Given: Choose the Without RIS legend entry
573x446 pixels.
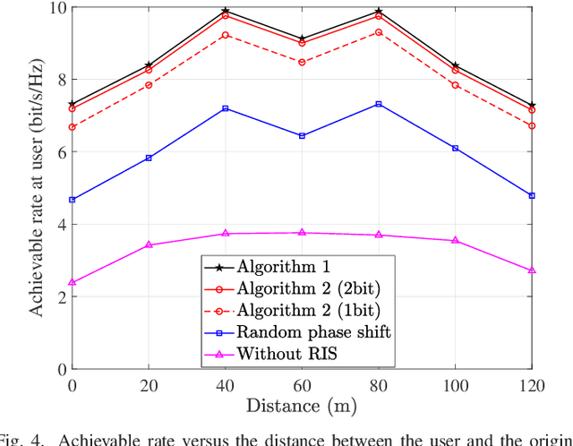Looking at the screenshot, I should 278,353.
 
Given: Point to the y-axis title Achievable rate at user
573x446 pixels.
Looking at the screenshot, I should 37,188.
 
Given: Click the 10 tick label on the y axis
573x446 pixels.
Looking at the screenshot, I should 55,8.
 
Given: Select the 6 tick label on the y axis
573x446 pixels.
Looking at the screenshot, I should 59,152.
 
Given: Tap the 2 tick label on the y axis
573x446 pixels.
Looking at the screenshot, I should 59,297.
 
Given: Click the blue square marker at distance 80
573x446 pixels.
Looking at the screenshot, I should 379,104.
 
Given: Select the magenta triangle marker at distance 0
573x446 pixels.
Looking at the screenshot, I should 73,282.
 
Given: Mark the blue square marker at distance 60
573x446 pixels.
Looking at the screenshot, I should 302,136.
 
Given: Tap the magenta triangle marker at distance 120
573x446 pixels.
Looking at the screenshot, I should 532,270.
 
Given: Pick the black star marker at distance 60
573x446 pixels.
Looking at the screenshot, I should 302,39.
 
